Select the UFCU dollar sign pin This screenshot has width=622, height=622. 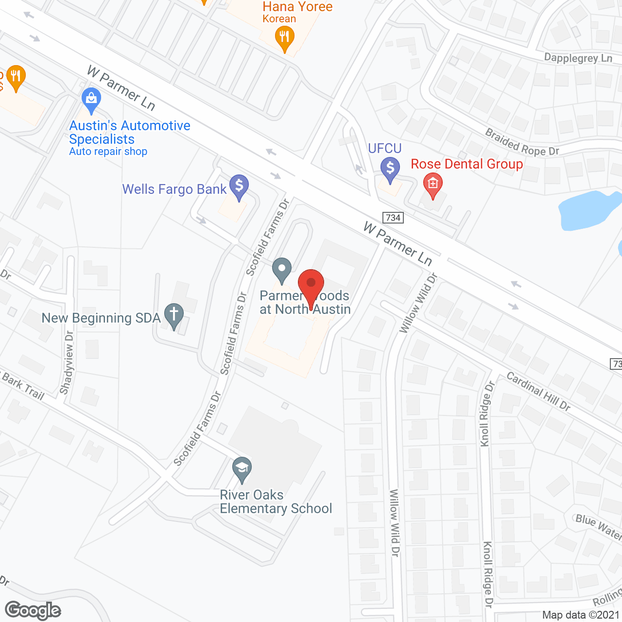(x=390, y=169)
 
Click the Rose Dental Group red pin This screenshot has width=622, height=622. (x=432, y=185)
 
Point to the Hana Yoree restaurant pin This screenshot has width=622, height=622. (x=284, y=38)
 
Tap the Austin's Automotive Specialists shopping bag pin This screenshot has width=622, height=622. (x=91, y=100)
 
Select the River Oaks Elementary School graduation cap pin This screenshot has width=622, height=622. (x=242, y=469)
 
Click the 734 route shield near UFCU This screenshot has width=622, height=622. (x=393, y=217)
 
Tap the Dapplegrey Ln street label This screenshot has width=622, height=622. (x=578, y=58)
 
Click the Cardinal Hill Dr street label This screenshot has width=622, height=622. (x=538, y=391)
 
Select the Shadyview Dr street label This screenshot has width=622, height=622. (x=67, y=363)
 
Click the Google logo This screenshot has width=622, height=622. (x=33, y=610)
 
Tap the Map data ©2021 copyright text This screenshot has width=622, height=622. (x=581, y=615)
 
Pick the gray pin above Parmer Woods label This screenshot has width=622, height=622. (x=281, y=269)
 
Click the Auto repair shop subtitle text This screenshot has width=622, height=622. (x=108, y=152)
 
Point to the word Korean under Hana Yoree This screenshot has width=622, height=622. (x=279, y=19)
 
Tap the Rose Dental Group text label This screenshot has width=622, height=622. (x=466, y=164)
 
